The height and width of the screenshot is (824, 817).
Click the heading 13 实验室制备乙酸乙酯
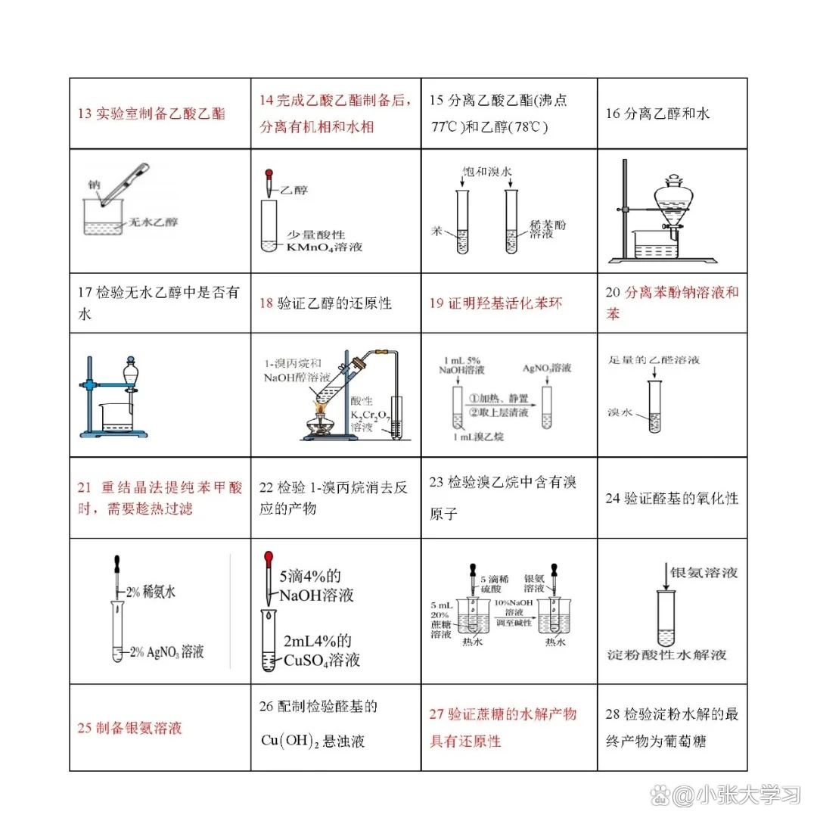[151, 114]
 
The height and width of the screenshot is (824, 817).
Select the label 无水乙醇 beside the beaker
[154, 222]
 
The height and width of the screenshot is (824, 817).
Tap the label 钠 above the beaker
[94, 184]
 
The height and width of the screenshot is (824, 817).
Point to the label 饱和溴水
[487, 172]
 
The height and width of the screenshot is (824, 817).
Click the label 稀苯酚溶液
[549, 229]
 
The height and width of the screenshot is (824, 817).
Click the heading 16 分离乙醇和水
[658, 114]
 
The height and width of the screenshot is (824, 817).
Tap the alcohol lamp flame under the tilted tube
[321, 410]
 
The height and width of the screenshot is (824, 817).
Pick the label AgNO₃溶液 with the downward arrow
[548, 368]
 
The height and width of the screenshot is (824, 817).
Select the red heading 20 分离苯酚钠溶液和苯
[672, 303]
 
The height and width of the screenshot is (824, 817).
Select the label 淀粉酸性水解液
[666, 655]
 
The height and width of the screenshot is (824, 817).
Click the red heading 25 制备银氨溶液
[130, 728]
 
